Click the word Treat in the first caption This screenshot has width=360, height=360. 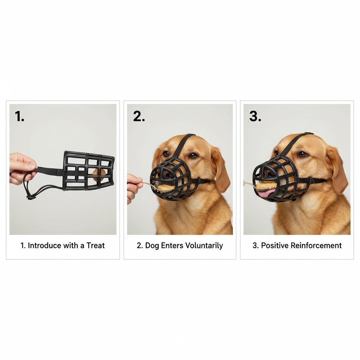tap(96, 245)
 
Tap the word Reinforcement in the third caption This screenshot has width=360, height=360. tap(316, 245)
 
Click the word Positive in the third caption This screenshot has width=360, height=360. tap(275, 245)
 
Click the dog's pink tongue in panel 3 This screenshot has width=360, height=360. tap(266, 193)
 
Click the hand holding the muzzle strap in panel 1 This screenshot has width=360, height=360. tap(22, 169)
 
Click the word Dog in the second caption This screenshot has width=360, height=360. tap(152, 246)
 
